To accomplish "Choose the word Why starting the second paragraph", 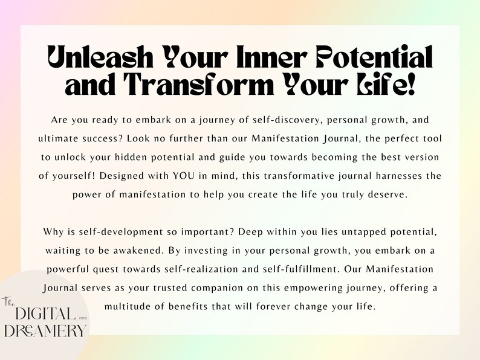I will (54, 232).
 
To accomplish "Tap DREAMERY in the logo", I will (45, 331).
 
